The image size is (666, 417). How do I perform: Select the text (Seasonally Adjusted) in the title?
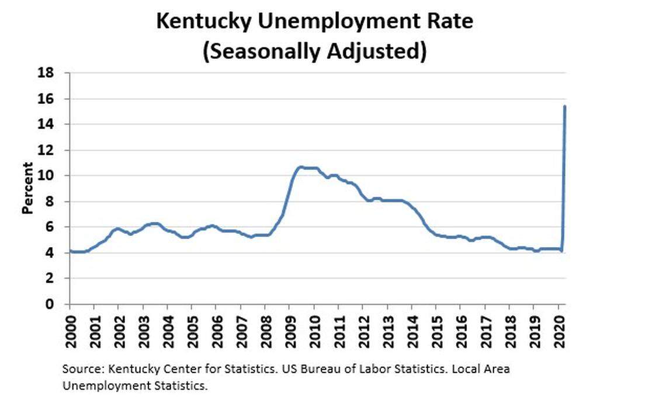pyautogui.click(x=314, y=51)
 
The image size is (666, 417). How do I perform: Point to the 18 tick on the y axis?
pyautogui.click(x=47, y=73)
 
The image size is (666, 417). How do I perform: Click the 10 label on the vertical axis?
pyautogui.click(x=47, y=176)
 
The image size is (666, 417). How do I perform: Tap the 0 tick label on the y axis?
pyautogui.click(x=50, y=304)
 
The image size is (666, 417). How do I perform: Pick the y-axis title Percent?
pyautogui.click(x=27, y=189)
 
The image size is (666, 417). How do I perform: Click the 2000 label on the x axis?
pyautogui.click(x=70, y=329)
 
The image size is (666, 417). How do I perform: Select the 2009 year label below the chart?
pyautogui.click(x=289, y=329)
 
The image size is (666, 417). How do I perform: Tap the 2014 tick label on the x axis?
pyautogui.click(x=411, y=329)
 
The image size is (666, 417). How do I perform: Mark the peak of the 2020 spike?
pyautogui.click(x=564, y=106)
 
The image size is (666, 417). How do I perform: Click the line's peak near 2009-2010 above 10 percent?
pyautogui.click(x=300, y=168)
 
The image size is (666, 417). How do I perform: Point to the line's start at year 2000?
pyautogui.click(x=70, y=251)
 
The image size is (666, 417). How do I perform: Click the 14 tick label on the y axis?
pyautogui.click(x=47, y=124)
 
